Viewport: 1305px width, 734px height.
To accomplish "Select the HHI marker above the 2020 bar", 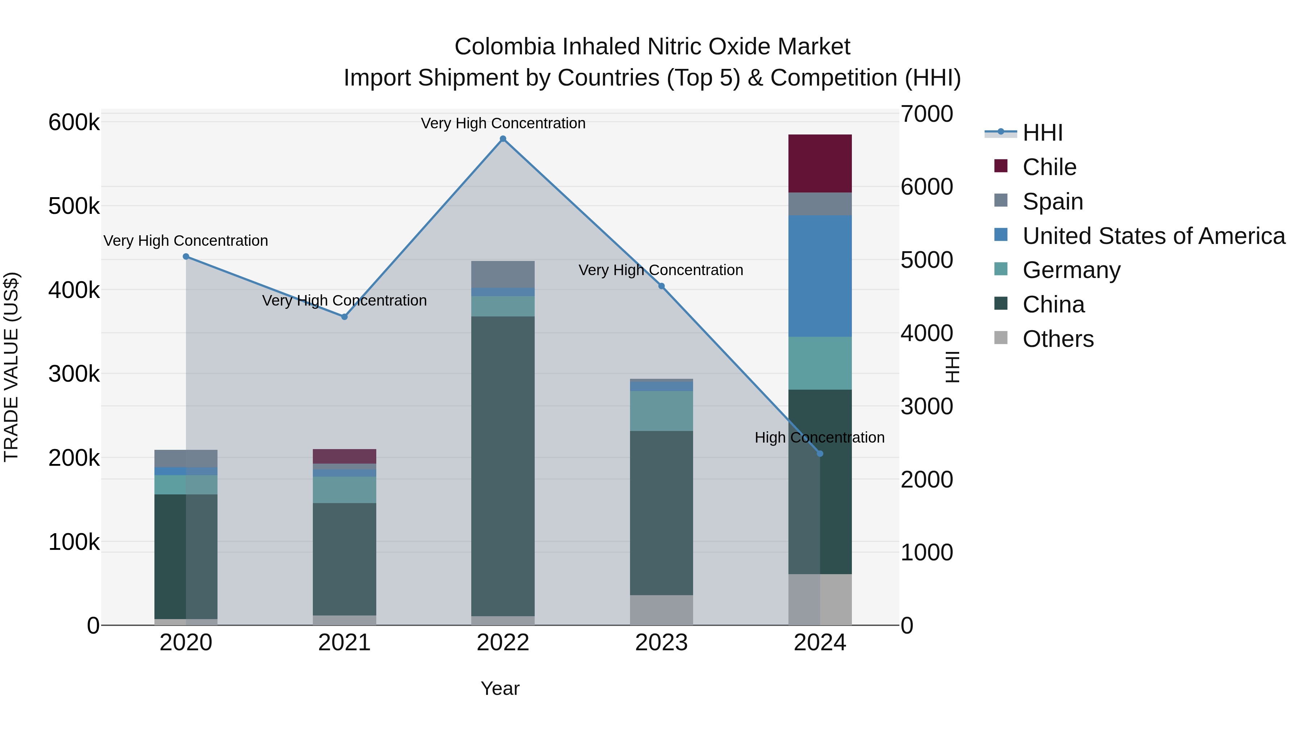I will [x=186, y=256].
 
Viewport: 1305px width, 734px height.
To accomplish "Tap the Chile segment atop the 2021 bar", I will [x=344, y=456].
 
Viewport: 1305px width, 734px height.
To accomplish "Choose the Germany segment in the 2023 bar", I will [x=661, y=410].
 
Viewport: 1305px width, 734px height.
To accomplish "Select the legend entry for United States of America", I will [x=1153, y=236].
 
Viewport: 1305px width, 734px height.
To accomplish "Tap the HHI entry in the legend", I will [x=1042, y=133].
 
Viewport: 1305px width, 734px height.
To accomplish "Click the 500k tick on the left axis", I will [x=74, y=206].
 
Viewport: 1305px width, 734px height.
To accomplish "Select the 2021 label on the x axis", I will [x=344, y=643].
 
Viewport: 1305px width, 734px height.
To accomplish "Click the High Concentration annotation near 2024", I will [x=819, y=437].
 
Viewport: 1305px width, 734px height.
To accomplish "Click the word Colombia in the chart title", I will [x=505, y=47].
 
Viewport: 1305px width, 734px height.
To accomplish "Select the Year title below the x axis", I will [x=500, y=688].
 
